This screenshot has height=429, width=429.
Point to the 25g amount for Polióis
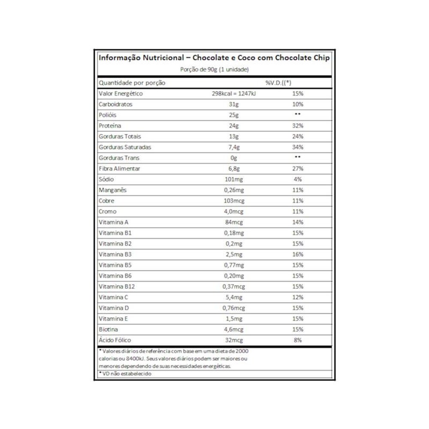(234, 115)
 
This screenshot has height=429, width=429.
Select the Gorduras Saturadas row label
(125, 147)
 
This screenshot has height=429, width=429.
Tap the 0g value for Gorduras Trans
(234, 158)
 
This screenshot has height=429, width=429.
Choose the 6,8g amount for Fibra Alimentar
(234, 169)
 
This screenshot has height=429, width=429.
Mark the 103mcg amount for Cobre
(234, 201)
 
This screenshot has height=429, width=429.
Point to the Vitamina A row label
(114, 222)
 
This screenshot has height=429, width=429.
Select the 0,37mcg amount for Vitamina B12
(234, 287)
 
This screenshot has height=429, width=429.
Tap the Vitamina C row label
(114, 297)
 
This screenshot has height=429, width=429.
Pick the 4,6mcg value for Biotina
(234, 329)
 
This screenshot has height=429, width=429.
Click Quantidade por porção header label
(132, 83)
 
